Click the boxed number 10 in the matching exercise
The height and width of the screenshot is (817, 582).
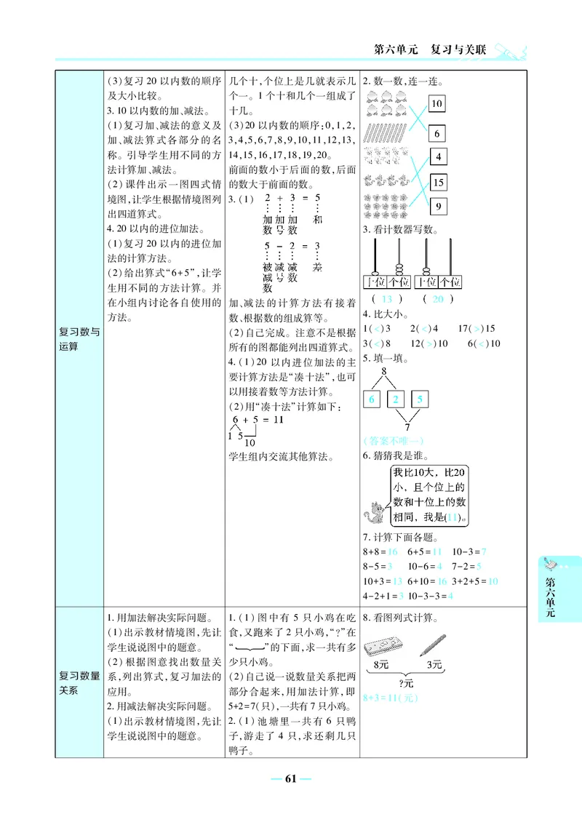[436, 104]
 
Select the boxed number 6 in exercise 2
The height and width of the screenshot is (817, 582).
[436, 134]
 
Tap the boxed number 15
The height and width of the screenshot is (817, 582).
[439, 183]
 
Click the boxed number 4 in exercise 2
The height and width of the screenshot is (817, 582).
[439, 156]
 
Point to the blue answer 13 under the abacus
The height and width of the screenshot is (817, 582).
[386, 300]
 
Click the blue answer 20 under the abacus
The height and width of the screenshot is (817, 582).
[437, 300]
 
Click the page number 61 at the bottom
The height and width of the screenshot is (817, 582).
[291, 779]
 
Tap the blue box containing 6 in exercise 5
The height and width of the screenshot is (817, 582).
[371, 399]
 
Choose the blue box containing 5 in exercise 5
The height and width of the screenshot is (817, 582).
[420, 399]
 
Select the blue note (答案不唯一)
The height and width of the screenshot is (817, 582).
[393, 441]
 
